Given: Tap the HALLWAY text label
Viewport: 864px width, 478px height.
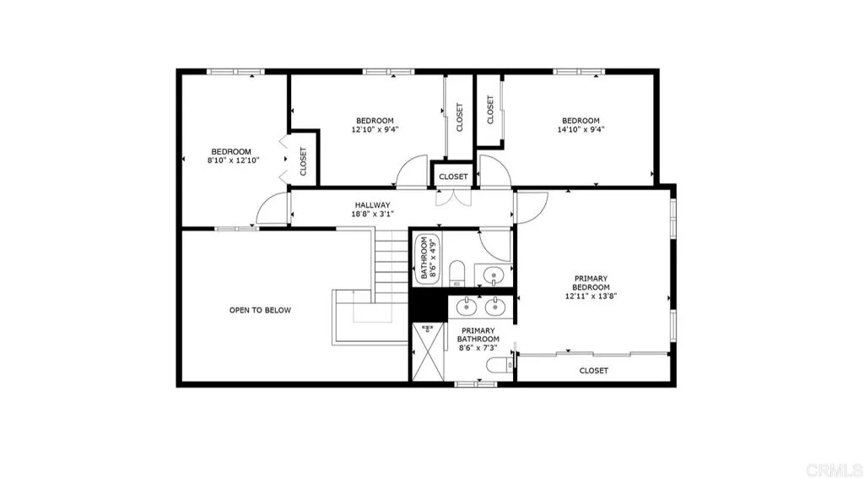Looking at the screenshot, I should [371, 205].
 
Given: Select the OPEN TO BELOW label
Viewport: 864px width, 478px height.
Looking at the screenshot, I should [260, 310].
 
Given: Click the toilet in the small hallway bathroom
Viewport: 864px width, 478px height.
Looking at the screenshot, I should [456, 272].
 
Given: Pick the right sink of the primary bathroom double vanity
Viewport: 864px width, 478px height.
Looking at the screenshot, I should [496, 304].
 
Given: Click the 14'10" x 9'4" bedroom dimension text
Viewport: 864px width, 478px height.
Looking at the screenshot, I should [580, 130].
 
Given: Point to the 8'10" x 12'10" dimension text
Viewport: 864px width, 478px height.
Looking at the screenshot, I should [232, 160].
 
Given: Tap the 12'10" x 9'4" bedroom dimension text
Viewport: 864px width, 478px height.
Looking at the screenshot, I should [374, 130].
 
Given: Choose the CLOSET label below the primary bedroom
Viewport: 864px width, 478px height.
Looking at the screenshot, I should [593, 371].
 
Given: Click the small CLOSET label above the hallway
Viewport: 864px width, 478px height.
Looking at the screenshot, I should [453, 177].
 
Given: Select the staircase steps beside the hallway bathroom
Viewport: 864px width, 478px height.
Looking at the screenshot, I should [391, 262].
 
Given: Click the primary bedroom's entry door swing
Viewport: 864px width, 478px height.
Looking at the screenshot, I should [532, 207].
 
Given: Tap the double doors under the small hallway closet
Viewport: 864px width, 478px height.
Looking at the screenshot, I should [453, 198].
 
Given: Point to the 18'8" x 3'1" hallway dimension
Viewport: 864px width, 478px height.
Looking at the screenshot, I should [371, 215].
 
